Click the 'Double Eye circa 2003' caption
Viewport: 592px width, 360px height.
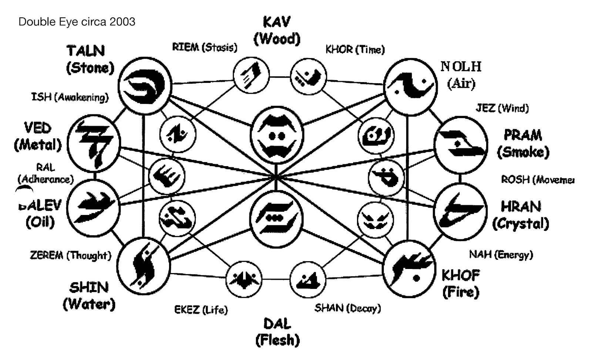pyautogui.click(x=77, y=22)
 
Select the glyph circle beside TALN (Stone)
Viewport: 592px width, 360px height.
pyautogui.click(x=145, y=86)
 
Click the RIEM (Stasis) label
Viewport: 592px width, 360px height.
pyautogui.click(x=205, y=47)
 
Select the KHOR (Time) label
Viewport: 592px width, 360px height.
pyautogui.click(x=355, y=49)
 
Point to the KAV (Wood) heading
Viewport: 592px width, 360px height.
pyautogui.click(x=277, y=30)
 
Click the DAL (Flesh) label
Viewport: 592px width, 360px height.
pyautogui.click(x=277, y=332)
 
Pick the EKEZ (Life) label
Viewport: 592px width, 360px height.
pyautogui.click(x=201, y=309)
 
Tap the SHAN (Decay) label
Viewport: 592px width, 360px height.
pyautogui.click(x=347, y=308)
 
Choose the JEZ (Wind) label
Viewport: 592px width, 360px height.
pyautogui.click(x=502, y=108)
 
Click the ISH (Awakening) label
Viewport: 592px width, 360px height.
pyautogui.click(x=70, y=97)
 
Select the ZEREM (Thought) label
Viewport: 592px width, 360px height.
pyautogui.click(x=70, y=255)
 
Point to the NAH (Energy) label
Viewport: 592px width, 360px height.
pyautogui.click(x=501, y=255)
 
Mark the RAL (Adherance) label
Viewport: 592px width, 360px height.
pyautogui.click(x=46, y=174)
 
